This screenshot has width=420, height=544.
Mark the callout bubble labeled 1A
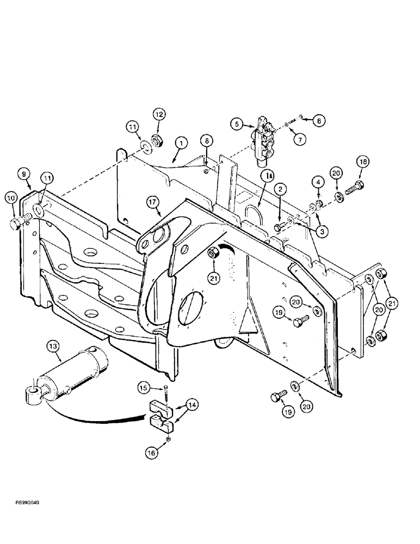click(x=266, y=176)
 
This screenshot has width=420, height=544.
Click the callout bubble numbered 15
click(x=143, y=388)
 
